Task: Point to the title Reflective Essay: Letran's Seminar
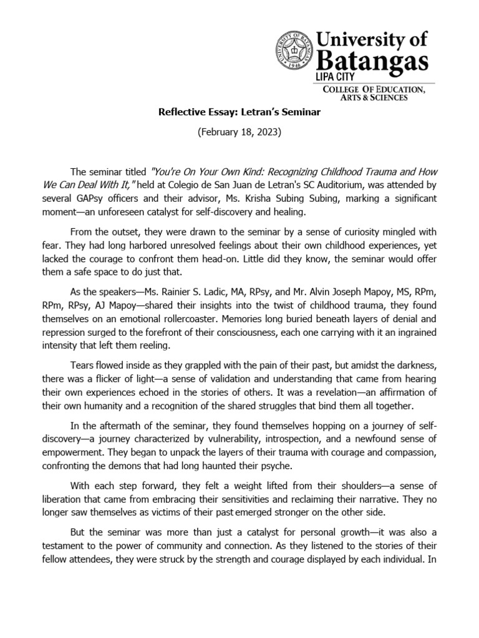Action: (x=239, y=114)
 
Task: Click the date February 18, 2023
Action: (x=239, y=135)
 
